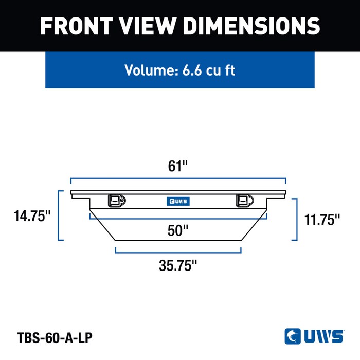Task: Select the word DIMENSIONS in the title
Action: [x=251, y=26]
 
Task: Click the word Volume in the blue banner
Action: [x=152, y=70]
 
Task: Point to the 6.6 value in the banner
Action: [x=192, y=70]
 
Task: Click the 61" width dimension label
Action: [x=178, y=166]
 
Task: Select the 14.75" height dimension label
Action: [x=32, y=216]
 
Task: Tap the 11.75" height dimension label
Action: [x=322, y=220]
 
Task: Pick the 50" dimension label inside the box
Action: [x=178, y=230]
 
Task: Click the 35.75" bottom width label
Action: [x=178, y=265]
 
